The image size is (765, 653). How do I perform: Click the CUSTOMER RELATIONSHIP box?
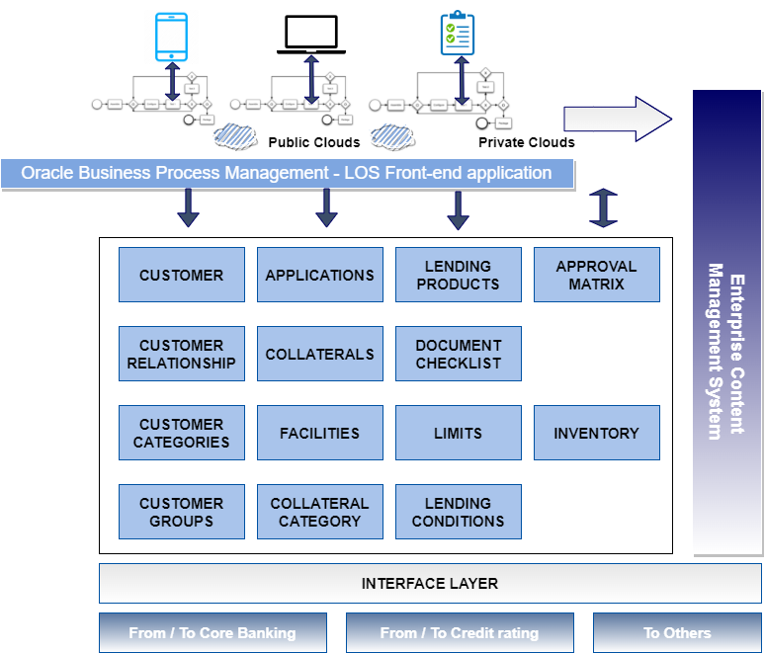(182, 354)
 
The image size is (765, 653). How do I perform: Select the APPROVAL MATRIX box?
(597, 275)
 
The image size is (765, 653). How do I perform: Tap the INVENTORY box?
(597, 433)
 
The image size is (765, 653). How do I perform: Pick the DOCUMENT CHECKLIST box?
(459, 354)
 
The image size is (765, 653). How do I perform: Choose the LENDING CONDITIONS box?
(459, 512)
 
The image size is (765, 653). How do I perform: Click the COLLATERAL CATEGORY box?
(320, 512)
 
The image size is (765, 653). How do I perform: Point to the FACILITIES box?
(320, 433)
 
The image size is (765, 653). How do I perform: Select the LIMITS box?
(459, 433)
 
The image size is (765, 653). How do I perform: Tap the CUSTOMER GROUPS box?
(182, 512)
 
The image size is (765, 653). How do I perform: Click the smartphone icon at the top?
(172, 36)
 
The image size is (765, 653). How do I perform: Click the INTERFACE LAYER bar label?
(430, 583)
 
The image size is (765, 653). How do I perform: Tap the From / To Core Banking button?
(212, 633)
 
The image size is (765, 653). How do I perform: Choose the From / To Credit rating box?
(460, 633)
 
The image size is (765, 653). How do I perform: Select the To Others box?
(677, 633)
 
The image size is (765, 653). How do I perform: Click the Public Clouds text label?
(314, 142)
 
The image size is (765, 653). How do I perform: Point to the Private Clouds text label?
(527, 142)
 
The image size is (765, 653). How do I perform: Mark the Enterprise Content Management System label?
(726, 352)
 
